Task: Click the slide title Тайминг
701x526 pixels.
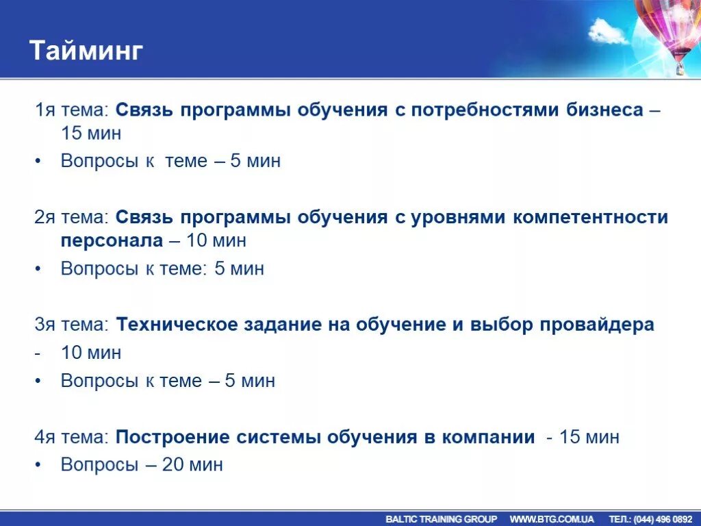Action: tap(86, 51)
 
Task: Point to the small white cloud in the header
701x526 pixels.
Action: tap(608, 31)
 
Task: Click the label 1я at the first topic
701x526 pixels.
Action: tap(44, 110)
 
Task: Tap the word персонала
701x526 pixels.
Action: tap(112, 241)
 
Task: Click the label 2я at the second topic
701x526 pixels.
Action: tap(44, 218)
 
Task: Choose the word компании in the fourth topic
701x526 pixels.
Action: tap(488, 437)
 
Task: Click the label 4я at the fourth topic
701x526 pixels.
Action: tap(44, 437)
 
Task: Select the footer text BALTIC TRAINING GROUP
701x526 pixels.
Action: tap(441, 519)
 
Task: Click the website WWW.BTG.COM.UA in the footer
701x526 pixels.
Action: tap(552, 519)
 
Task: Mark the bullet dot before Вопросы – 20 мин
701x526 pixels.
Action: tap(38, 464)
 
